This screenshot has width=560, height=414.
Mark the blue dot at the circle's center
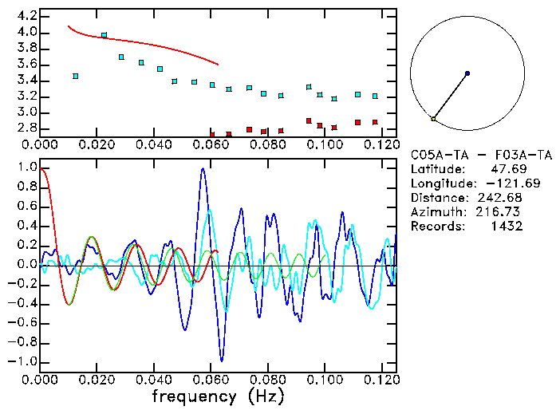click(467, 73)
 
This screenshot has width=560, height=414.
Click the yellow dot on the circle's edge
click(433, 119)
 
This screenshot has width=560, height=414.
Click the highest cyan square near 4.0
click(105, 35)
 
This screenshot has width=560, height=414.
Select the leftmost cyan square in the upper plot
click(76, 77)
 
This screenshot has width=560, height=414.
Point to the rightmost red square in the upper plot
click(375, 123)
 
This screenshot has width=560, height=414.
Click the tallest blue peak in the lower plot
click(203, 169)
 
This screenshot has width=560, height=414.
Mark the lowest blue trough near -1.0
click(222, 361)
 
